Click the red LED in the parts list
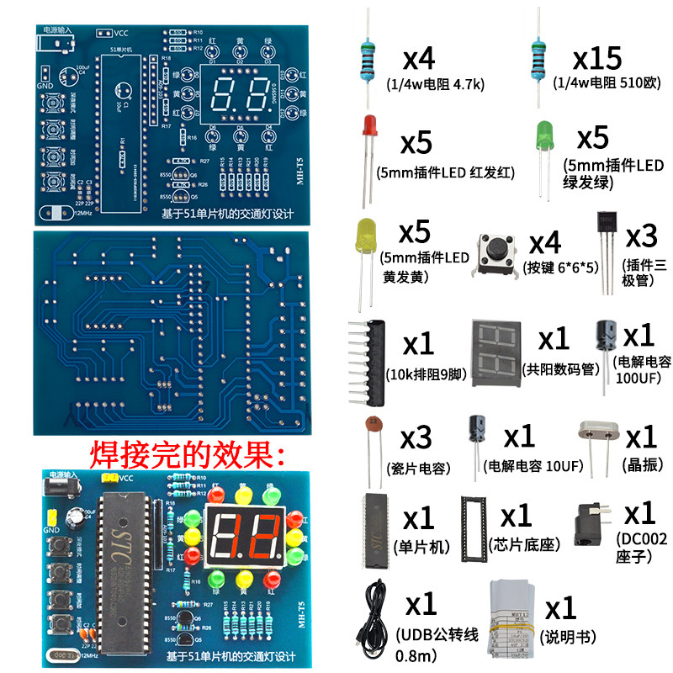coord(368,130)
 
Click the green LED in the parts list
coord(544,135)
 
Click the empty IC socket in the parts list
coord(474,527)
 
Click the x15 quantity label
coord(596,59)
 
